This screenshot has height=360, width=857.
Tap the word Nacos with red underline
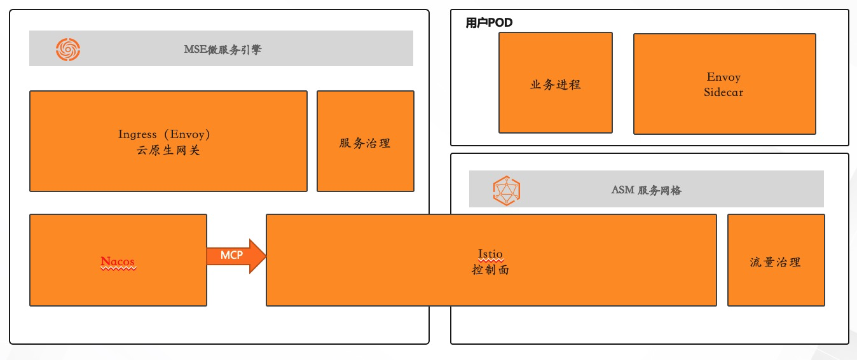coord(118,262)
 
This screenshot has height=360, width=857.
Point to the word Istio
coord(490,254)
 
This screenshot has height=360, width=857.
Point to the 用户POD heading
coord(489,23)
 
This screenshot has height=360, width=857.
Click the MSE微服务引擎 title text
coord(223,49)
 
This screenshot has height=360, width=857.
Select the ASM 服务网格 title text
coord(646,190)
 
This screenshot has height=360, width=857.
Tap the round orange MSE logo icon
coord(68,49)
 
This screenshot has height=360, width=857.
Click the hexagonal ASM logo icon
coord(507,190)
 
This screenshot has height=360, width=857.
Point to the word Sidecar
coord(723,92)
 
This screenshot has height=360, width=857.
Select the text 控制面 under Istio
coord(490,270)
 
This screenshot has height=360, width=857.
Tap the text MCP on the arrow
coord(231,255)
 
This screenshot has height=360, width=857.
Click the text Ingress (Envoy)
coord(164,134)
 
